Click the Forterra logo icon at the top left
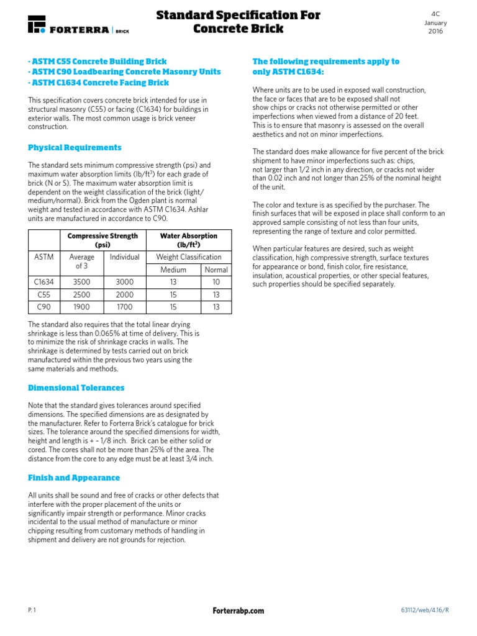[37, 24]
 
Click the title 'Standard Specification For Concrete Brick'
[238, 22]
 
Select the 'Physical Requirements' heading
[75, 148]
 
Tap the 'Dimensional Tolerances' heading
[76, 388]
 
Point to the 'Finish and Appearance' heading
[74, 478]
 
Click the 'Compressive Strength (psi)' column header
[103, 240]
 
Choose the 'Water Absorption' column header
[189, 240]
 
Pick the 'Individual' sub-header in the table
[125, 257]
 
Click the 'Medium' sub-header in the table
[173, 270]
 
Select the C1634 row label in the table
[43, 282]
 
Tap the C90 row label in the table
[43, 307]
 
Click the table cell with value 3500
[81, 282]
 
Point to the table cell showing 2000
[125, 294]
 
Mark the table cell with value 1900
[81, 307]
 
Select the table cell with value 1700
[125, 307]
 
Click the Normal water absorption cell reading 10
[216, 282]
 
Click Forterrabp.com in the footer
[238, 611]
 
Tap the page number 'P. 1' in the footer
[32, 611]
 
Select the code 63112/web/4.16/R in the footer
[424, 611]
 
